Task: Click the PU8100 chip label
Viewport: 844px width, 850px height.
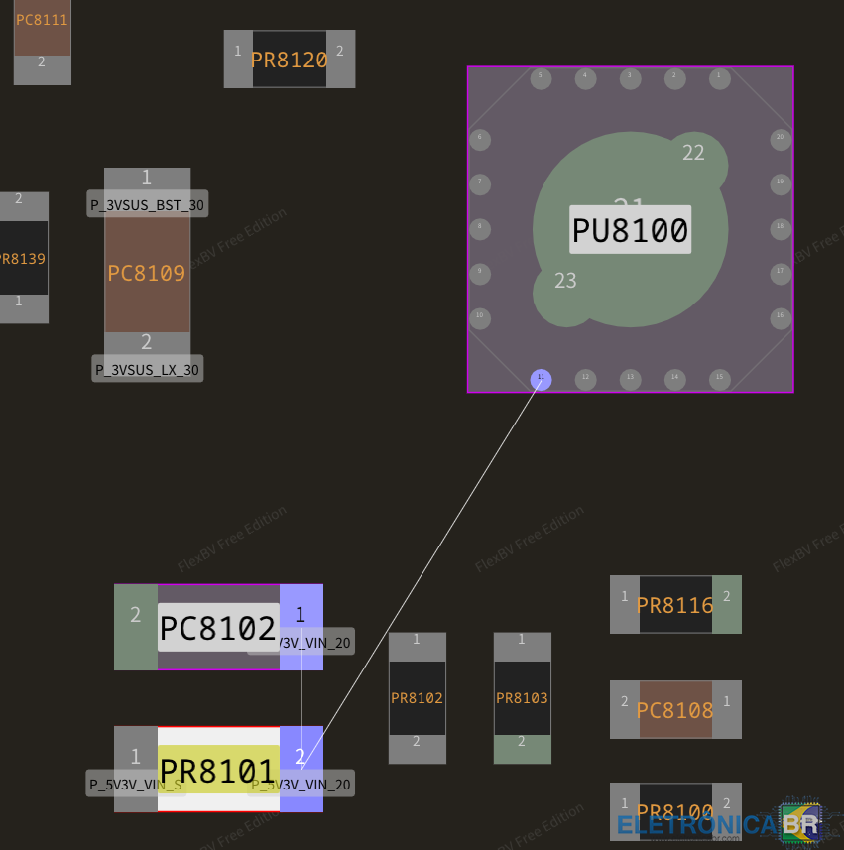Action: tap(630, 231)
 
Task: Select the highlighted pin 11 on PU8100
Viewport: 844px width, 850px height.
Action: tap(541, 379)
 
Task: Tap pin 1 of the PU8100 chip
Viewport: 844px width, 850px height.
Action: tap(719, 77)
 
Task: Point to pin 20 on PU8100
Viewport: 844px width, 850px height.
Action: tap(780, 138)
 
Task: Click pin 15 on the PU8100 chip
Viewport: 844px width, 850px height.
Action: tap(719, 379)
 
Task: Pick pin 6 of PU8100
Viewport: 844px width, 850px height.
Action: tap(480, 138)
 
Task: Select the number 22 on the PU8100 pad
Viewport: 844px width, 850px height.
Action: tap(693, 153)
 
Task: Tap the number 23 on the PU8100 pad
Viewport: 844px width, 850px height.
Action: tap(565, 281)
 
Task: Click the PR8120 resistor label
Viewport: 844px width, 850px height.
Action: tap(289, 60)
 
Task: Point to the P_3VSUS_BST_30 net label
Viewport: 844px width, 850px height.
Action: tap(148, 205)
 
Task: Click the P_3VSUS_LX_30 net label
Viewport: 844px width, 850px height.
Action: tap(147, 370)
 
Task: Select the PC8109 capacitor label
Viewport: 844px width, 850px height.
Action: tap(147, 274)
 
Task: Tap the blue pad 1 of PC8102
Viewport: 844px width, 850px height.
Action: tap(301, 615)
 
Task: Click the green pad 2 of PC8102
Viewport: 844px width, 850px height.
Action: tap(136, 627)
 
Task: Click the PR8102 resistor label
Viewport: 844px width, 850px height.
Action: tap(417, 698)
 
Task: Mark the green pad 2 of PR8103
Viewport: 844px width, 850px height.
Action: tap(522, 749)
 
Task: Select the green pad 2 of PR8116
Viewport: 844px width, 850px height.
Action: tap(727, 604)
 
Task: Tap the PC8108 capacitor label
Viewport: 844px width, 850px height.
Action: tap(674, 710)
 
